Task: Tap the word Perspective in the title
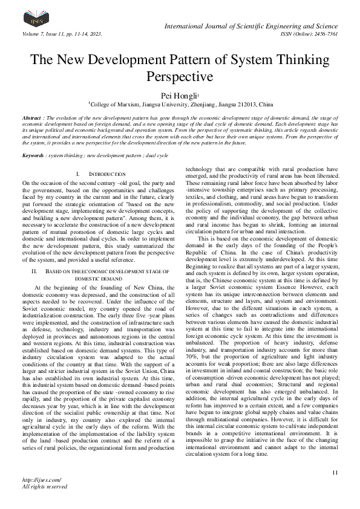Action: click(x=180, y=77)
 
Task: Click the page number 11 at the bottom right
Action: click(x=335, y=472)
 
